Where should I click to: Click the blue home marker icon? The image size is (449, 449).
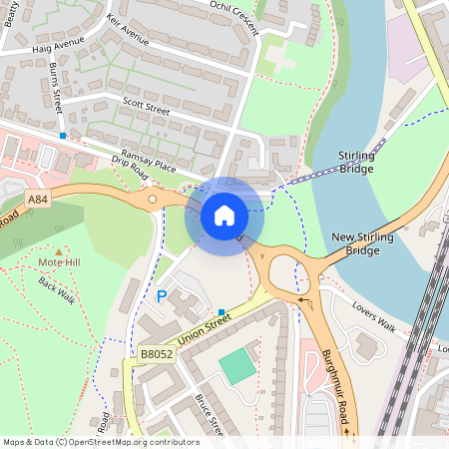[224, 216]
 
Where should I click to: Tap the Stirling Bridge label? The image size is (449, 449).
[356, 163]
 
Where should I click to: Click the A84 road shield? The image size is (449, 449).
[37, 200]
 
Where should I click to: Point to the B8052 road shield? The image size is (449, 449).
[156, 353]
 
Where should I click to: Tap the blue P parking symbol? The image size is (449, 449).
[162, 296]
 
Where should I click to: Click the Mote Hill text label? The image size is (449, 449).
[58, 262]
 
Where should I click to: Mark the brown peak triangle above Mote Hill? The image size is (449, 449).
[58, 249]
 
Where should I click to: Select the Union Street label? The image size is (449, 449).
[205, 336]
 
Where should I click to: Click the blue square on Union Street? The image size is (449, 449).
[222, 312]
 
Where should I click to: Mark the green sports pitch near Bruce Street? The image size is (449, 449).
[237, 366]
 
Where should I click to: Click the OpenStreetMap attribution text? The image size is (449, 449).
[101, 441]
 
